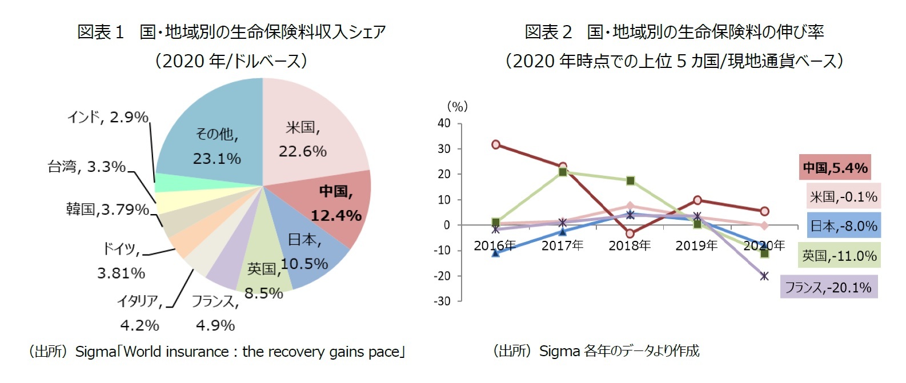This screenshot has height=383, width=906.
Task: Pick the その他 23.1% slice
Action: pos(217,143)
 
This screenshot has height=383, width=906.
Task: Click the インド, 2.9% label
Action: pos(107,117)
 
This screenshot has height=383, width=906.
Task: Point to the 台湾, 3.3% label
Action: pos(86,167)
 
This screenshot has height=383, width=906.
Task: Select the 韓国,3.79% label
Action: pos(107,209)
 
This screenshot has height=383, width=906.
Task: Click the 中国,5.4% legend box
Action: pos(835,168)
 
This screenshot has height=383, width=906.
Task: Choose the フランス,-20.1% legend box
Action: pos(828,287)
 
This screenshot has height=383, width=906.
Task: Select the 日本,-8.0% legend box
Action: pos(844,226)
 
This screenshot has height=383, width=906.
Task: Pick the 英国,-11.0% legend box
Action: pos(839,256)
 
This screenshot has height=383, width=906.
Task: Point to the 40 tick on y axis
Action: pos(444,123)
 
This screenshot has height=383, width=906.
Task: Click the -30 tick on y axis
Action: pos(442,301)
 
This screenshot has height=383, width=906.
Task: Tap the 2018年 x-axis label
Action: pos(630,245)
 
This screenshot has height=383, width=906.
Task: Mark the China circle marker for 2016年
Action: pos(496,144)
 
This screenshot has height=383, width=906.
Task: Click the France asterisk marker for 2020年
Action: pos(764,276)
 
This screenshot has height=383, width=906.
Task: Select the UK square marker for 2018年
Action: pos(631,180)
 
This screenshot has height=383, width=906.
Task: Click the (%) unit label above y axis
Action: pos(457,106)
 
